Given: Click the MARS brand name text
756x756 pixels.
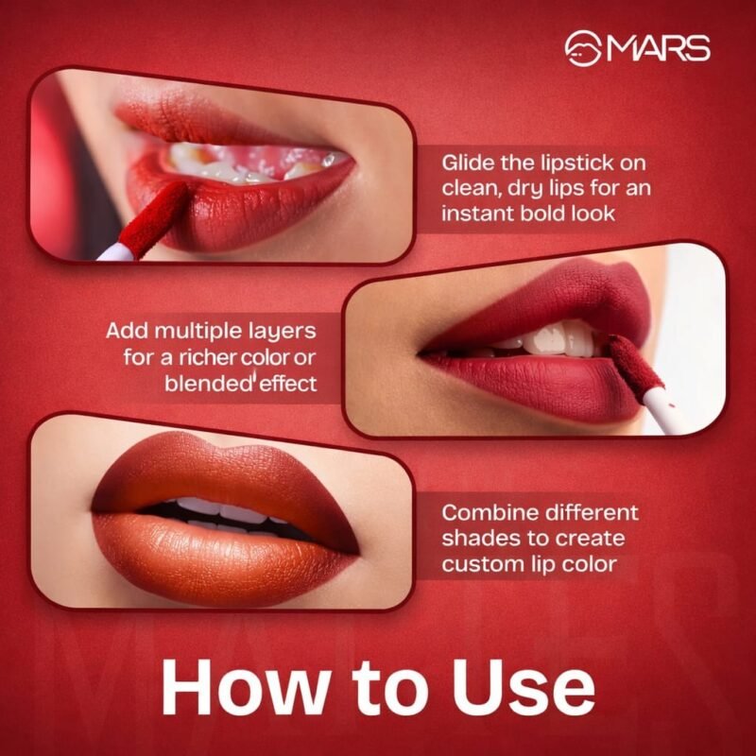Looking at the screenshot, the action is pos(659,48).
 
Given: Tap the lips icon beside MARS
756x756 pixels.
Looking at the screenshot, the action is pos(583,48).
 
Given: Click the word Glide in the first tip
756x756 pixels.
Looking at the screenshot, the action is pos(468,163).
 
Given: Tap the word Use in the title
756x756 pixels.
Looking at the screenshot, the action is pos(523,686).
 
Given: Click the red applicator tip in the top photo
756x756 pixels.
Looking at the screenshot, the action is pos(154,218).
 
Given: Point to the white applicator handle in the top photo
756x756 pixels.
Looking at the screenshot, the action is pos(115,252).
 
